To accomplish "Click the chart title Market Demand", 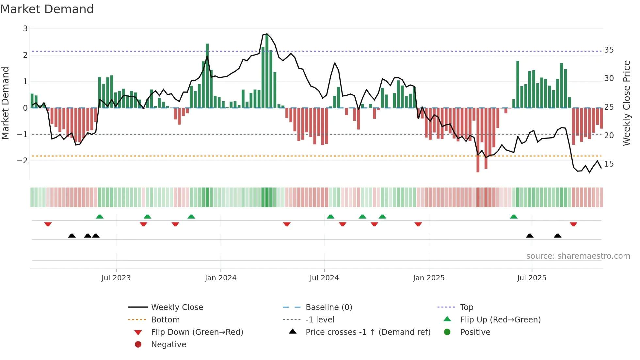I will tap(47, 9).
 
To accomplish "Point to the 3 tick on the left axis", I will tap(25, 29).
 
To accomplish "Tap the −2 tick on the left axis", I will tap(23, 161).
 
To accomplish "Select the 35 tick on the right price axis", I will tap(609, 50).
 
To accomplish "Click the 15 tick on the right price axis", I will tap(609, 164).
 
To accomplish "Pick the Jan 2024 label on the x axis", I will tap(220, 278).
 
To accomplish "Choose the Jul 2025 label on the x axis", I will tap(531, 278).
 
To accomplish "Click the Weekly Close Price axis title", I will tap(626, 103).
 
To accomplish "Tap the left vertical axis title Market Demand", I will tap(5, 103).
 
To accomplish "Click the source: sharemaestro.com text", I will tap(578, 256).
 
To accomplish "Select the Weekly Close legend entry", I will tap(177, 307).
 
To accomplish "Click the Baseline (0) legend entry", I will tap(328, 307).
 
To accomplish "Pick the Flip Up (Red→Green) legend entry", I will tap(500, 320).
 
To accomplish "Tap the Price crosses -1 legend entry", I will tap(368, 332).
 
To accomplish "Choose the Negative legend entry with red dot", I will tap(168, 345).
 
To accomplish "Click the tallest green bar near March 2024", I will tap(267, 70).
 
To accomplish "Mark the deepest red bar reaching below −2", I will tap(478, 140).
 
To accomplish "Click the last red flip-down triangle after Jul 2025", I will tap(573, 224).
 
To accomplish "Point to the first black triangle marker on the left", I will tap(72, 236).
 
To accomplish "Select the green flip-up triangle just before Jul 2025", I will tap(514, 217).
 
